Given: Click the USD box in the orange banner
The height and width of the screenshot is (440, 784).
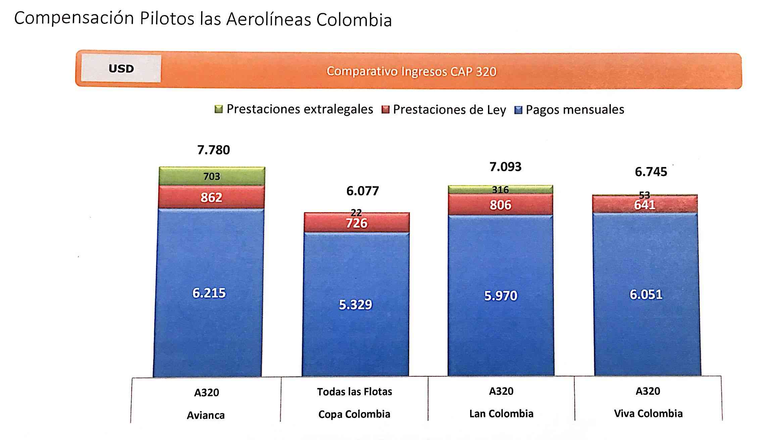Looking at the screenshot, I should coord(121,69).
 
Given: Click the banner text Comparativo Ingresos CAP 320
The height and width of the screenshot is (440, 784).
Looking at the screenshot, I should coord(411,71).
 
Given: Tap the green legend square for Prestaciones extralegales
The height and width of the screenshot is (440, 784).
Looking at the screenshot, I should coord(218,109).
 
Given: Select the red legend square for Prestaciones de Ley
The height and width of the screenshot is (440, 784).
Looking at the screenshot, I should coord(385,110).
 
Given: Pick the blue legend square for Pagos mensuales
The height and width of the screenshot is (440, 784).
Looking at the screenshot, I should coord(518,110).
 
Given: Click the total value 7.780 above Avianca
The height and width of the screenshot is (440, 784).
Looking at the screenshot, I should coord(213,150).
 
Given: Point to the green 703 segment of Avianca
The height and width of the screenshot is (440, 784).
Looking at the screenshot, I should coord(212,176).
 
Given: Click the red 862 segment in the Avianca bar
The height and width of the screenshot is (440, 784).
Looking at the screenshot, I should coord(211,198).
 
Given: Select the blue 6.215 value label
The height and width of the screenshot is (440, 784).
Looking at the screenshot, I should coord(209,293).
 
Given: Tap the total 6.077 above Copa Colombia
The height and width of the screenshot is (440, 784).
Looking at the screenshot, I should coord(362,191).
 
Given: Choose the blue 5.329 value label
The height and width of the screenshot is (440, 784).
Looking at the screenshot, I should coord(355,305).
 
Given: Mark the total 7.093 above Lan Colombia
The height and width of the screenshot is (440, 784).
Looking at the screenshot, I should coord(505,167).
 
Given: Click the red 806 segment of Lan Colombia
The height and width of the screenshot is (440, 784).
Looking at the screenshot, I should coord(500,205).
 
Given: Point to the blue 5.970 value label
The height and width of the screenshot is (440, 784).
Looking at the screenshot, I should coord(501,296).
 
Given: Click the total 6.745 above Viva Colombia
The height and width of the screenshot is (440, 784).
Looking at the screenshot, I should coord(651,172).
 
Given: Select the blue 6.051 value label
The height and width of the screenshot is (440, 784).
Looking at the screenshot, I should coord(646,294).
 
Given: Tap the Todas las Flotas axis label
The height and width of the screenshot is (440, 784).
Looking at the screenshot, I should coord(354,392).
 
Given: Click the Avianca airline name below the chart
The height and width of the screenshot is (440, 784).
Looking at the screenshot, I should coord(206,415).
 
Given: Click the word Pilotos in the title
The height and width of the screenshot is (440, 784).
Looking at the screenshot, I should coord(167,19).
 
